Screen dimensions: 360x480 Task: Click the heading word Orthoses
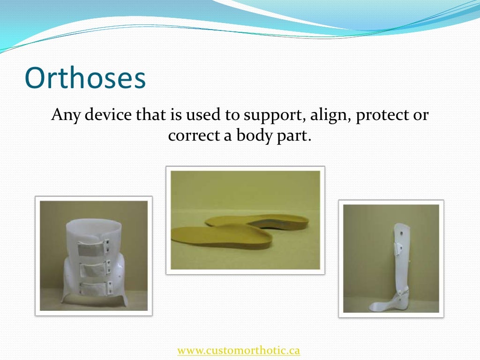[x=85, y=79]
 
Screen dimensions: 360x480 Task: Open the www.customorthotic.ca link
[x=239, y=350]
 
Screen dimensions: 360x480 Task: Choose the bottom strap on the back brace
[x=94, y=286]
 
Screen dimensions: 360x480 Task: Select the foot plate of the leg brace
[x=383, y=306]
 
